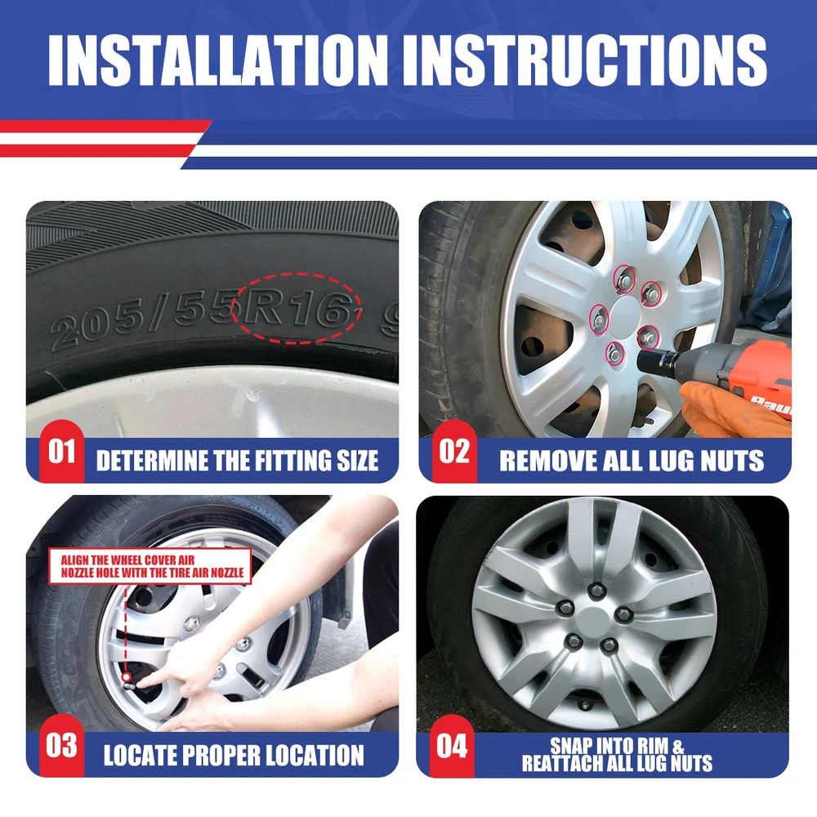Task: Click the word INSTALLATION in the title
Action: [218, 60]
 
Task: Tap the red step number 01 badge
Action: [61, 451]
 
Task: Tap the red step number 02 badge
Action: [453, 451]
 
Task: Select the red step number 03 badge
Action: [61, 746]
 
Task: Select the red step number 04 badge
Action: [452, 746]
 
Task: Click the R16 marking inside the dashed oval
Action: [296, 310]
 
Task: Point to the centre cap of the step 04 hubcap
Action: [594, 620]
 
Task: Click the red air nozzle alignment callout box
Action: [150, 566]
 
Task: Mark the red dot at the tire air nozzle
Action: [126, 677]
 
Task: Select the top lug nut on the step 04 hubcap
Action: [596, 591]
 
